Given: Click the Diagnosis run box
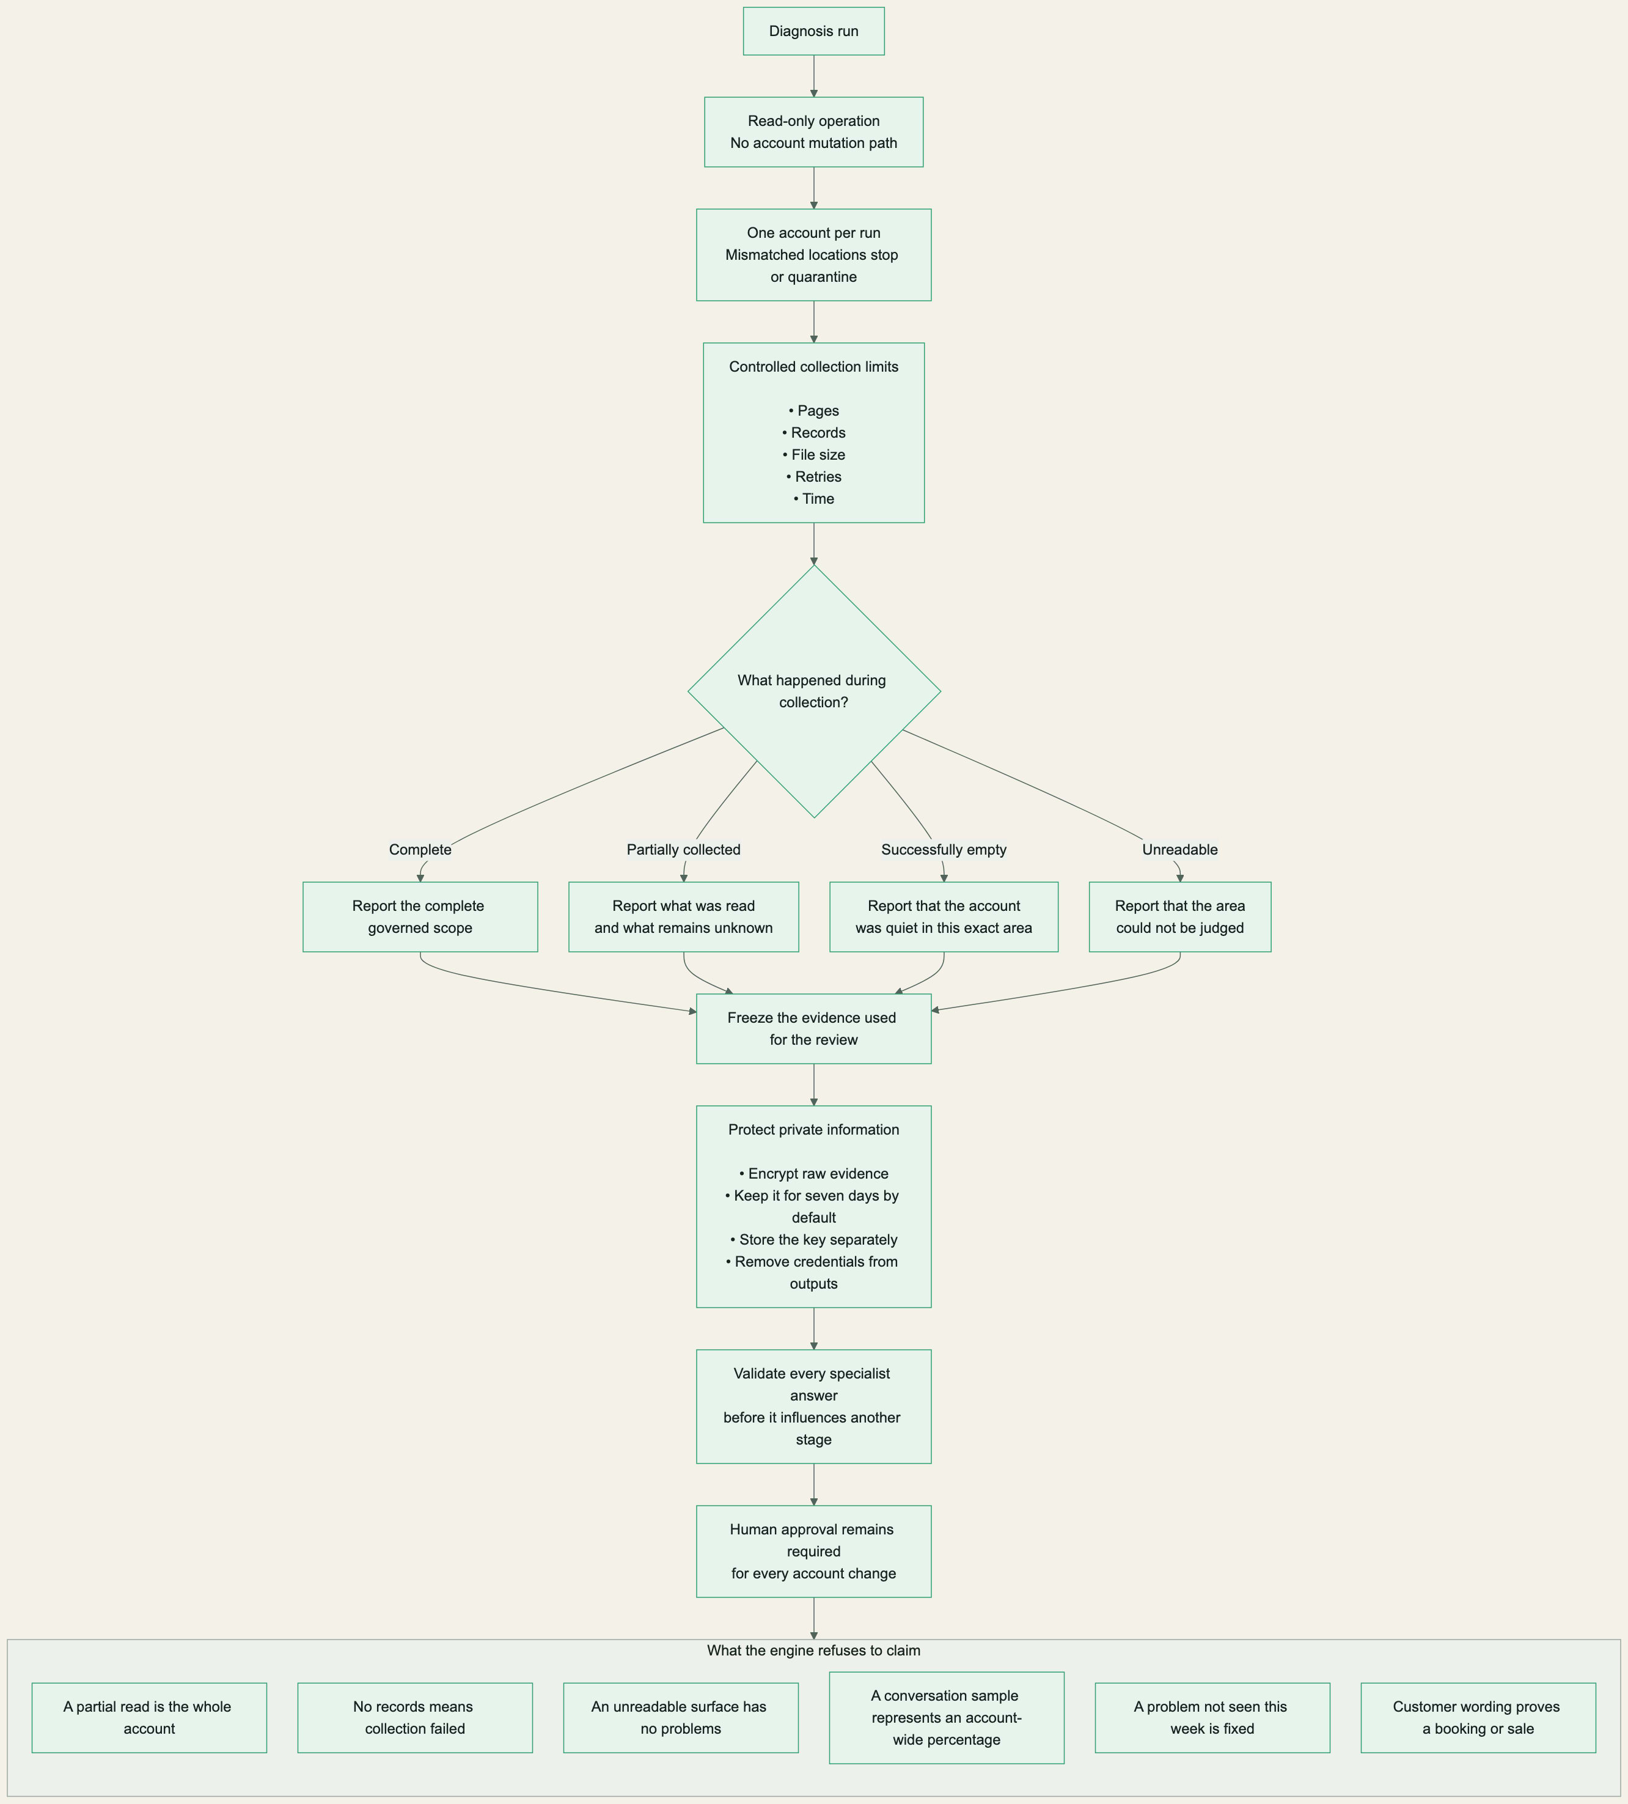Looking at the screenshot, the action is [x=813, y=31].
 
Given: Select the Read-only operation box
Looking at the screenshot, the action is [x=813, y=131].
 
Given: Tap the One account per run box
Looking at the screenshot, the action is [x=813, y=255].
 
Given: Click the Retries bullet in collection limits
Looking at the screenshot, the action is [x=814, y=477].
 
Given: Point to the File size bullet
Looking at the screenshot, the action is [x=814, y=455].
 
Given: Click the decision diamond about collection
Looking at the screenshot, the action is [x=814, y=692].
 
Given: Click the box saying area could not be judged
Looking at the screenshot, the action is [x=1180, y=917].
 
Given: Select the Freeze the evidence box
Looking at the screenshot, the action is [x=813, y=1029].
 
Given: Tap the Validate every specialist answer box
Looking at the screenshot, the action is [x=813, y=1407].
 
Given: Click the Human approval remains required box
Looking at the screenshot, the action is [x=813, y=1552].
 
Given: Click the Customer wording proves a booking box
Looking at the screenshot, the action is [x=1478, y=1718].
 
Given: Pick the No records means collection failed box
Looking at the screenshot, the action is [x=415, y=1718].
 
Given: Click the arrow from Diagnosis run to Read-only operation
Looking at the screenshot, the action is [x=814, y=76].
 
